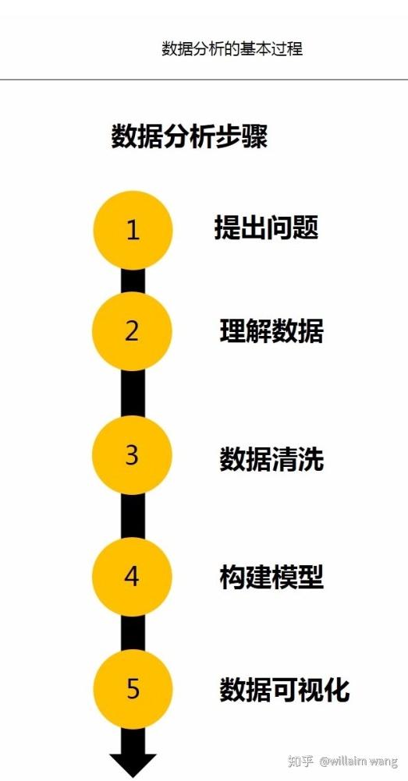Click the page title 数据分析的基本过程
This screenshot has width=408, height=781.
pos(232,49)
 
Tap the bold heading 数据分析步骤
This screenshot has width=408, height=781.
pos(190,136)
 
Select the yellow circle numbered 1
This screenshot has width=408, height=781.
pos(133,231)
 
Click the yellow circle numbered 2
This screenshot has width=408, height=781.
pos(132,331)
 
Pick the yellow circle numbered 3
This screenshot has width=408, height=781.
pos(132,455)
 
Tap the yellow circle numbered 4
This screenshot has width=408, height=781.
pos(132,577)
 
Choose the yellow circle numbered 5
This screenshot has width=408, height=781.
pos(132,689)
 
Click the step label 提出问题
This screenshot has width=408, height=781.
pos(266,228)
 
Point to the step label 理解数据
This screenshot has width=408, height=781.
pos(271,331)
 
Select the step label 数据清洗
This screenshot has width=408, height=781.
pos(271,459)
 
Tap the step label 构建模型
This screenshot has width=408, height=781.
pos(271,577)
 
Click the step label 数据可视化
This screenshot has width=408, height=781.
pos(285,690)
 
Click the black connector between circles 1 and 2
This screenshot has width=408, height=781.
pos(133,281)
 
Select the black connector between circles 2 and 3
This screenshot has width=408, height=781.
pos(133,394)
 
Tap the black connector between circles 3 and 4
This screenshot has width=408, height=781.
pos(133,516)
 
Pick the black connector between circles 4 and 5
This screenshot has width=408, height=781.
pos(133,633)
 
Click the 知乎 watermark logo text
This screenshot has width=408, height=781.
pos(301,762)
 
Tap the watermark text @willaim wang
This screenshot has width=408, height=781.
pos(359,762)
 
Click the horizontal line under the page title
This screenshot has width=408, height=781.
pos(204,80)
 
